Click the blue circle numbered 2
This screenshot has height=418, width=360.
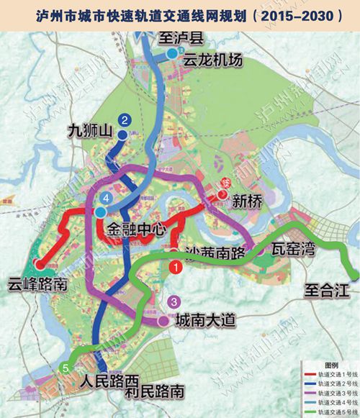(x=125, y=120)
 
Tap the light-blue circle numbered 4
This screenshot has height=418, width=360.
(x=107, y=197)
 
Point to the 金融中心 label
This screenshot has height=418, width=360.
(x=137, y=230)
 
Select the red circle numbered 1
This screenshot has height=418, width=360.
(x=174, y=266)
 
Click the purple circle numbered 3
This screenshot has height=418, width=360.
(x=174, y=301)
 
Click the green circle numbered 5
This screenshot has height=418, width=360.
(x=66, y=368)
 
